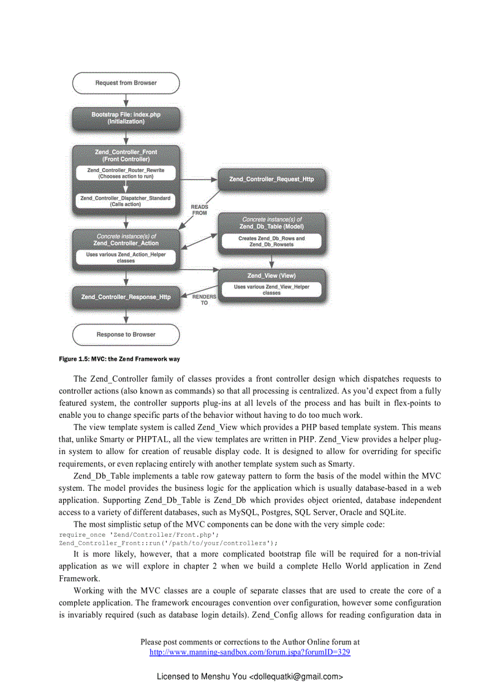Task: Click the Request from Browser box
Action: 126,83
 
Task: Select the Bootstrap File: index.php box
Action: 126,118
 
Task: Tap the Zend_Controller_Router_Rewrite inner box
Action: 126,173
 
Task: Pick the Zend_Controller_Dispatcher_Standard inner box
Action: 126,200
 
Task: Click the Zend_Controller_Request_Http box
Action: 271,179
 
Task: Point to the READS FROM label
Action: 200,210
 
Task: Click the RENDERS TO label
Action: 204,300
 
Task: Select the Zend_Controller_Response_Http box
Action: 126,297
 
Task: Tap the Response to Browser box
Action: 126,335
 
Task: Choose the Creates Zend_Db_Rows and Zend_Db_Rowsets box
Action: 271,241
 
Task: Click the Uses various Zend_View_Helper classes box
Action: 271,290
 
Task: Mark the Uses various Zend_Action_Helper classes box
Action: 126,257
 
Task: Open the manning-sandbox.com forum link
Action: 249,652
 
